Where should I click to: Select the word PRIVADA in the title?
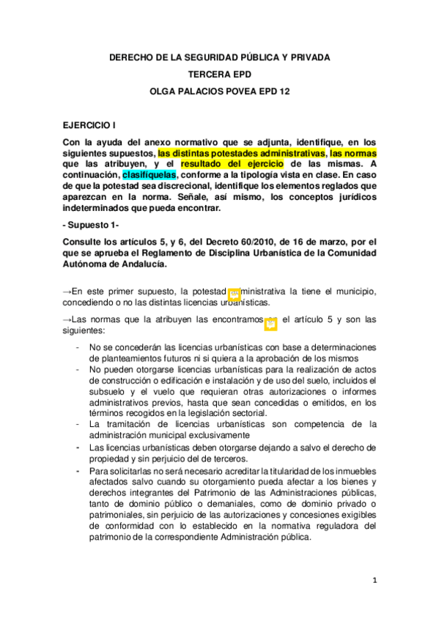pos(303,57)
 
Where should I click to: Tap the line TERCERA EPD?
pos(219,74)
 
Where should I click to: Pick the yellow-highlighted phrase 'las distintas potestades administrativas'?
pos(242,154)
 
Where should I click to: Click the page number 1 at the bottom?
pos(374,581)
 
